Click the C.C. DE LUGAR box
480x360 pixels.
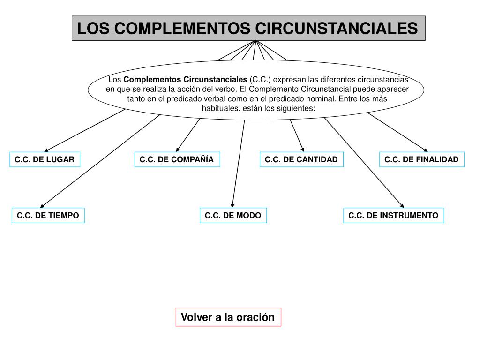pos(45,159)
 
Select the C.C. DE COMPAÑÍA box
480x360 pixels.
pos(177,159)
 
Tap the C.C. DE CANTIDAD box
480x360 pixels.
pos(301,159)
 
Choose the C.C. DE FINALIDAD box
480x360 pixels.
pos(421,159)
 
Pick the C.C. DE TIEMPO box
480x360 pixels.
pos(48,215)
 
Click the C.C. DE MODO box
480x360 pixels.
pos(233,215)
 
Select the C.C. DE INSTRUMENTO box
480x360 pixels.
pos(393,215)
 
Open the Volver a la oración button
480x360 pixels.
pos(228,317)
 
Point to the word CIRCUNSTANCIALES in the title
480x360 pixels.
pos(336,28)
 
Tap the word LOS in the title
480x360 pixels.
pos(93,28)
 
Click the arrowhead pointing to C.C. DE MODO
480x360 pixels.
pos(232,204)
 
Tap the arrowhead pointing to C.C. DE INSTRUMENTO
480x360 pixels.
pos(402,205)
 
